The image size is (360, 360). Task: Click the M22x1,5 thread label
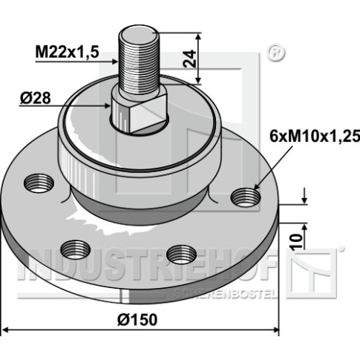[x=68, y=52]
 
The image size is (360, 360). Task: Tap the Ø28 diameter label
[x=36, y=98]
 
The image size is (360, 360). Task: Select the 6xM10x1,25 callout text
[x=315, y=137]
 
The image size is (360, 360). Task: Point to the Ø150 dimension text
[x=137, y=319]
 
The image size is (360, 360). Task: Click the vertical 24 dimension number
[x=190, y=59]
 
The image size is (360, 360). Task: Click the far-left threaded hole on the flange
[x=39, y=183]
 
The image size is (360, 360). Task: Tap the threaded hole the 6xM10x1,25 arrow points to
[x=246, y=197]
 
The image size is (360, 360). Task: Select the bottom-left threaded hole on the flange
[x=76, y=249]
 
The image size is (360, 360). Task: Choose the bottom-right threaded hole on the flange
[x=182, y=255]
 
